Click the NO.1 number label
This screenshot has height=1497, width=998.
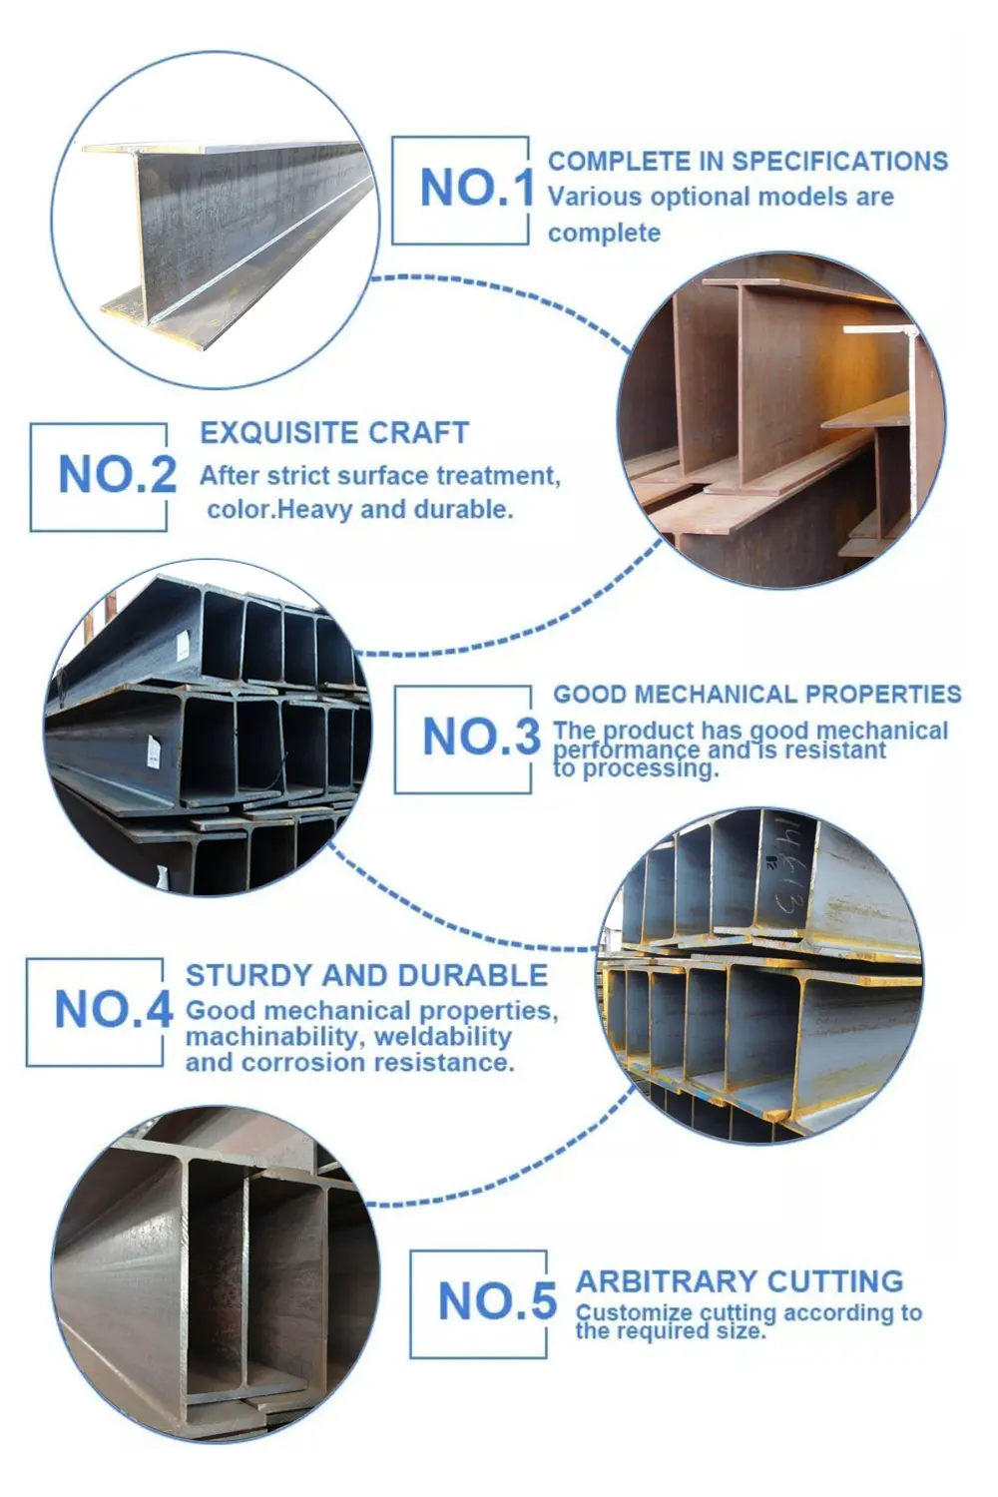(x=476, y=188)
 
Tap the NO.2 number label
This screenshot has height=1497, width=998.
(x=117, y=474)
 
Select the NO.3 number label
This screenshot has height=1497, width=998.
(x=480, y=738)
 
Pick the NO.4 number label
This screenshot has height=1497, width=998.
(x=113, y=1009)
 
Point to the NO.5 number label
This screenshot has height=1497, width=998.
(x=496, y=1301)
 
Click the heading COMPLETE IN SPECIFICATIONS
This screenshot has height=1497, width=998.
(x=748, y=161)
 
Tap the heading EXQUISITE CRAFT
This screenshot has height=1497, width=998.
(x=334, y=432)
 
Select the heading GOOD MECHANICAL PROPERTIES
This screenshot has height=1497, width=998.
(x=756, y=694)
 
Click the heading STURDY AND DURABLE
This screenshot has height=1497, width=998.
(x=366, y=975)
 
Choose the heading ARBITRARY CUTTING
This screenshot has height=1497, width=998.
(x=739, y=1280)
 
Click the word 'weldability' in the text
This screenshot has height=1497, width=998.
(x=442, y=1037)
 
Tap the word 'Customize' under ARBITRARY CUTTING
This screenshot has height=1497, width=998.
(x=633, y=1312)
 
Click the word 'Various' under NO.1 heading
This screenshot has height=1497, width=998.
(x=594, y=197)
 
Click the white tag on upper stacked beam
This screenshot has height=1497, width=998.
(x=182, y=649)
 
